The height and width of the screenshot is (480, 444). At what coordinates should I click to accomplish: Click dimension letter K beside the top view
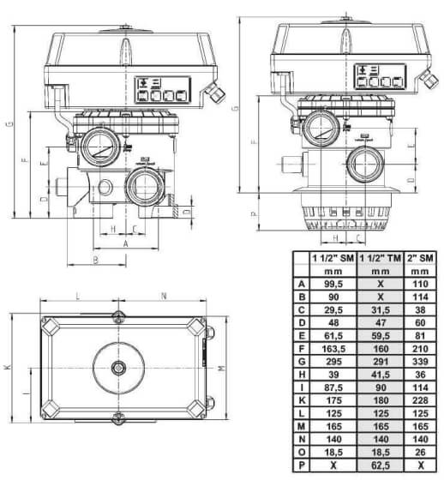pos(7,366)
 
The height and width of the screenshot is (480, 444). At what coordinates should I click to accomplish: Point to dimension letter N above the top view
pos(162,297)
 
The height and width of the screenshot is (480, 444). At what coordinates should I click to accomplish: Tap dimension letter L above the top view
pos(78,297)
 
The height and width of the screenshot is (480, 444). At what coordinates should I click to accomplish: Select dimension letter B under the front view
pos(96,258)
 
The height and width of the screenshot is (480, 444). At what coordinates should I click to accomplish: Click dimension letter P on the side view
pos(254,215)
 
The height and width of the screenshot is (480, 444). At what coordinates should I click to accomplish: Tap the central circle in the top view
pos(118,368)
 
